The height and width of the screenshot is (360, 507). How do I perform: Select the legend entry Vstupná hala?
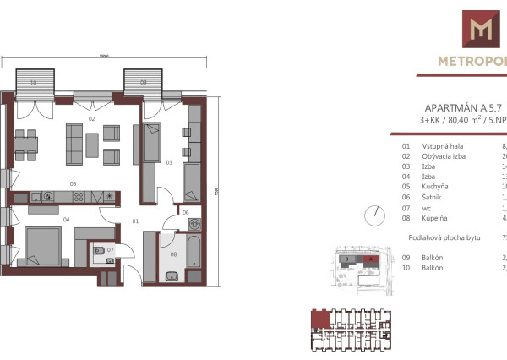444,146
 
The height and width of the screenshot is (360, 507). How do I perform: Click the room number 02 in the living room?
90,119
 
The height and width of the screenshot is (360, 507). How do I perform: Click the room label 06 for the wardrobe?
186,214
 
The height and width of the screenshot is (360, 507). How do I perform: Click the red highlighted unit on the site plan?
370,261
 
